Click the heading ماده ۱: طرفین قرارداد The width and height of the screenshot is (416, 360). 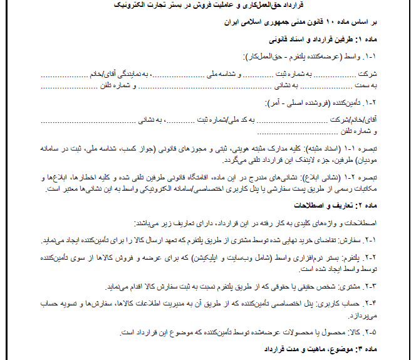click(x=343, y=38)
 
